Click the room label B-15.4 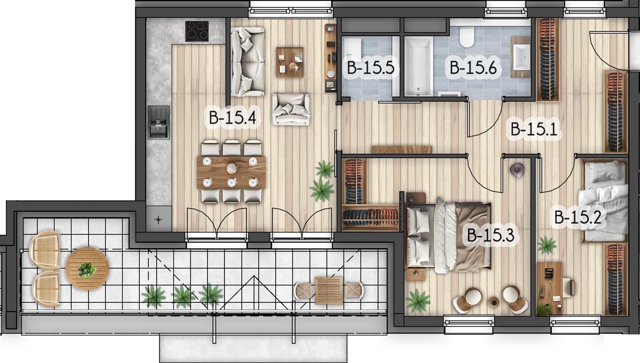point(233,118)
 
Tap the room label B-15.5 point(371,68)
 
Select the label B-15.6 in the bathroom point(473,68)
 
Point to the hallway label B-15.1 point(534,129)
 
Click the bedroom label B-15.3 point(491,235)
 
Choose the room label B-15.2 point(578,217)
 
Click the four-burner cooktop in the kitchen point(197,31)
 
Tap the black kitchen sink point(158,122)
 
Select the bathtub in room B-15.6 point(418,66)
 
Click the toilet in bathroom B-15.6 point(467,37)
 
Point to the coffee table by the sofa point(290,62)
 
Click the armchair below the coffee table point(291,110)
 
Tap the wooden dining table point(231,172)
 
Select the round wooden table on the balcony point(87,269)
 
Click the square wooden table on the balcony point(329,290)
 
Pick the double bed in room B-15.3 point(448,237)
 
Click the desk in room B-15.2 point(549,288)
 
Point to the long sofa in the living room point(247,62)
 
